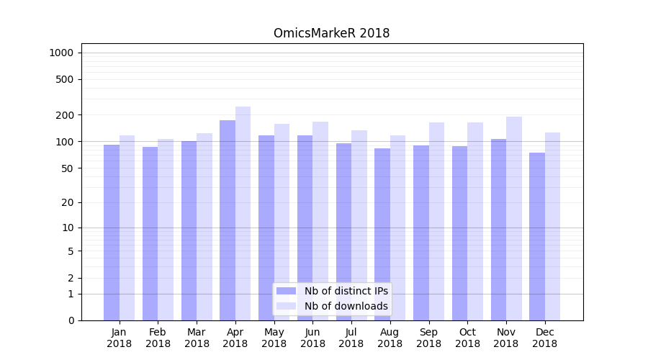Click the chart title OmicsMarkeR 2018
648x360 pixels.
tap(331, 33)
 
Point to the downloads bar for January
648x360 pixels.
tap(127, 228)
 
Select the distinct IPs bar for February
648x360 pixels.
tap(150, 233)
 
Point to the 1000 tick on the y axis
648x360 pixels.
tap(60, 53)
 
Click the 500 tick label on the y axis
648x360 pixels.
tap(65, 79)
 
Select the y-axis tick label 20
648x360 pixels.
tap(68, 202)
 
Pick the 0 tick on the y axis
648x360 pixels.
tap(71, 320)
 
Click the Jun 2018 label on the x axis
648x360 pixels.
tap(312, 338)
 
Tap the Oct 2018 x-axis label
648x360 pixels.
tap(467, 338)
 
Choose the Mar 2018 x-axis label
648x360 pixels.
tap(197, 338)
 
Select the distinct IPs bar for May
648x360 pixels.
tap(266, 228)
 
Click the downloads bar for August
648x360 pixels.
tap(397, 228)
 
